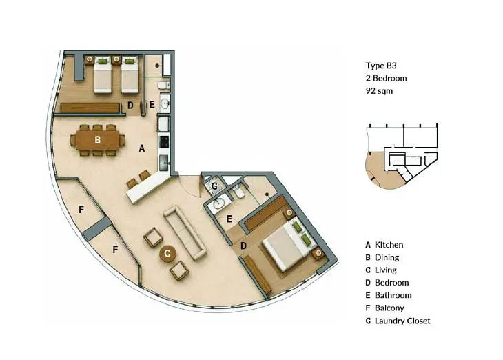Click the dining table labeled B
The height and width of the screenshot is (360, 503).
[98, 140]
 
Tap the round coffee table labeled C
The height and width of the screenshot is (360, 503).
[167, 254]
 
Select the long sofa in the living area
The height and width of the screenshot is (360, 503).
[185, 232]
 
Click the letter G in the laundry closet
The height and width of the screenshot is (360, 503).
[214, 186]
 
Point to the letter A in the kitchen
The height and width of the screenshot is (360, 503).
[142, 148]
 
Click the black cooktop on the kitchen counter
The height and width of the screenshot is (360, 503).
[164, 141]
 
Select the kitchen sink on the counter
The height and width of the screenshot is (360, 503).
[164, 163]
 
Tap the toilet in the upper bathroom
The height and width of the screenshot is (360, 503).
[163, 85]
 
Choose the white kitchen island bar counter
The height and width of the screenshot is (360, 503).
[148, 188]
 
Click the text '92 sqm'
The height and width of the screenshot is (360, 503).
[379, 91]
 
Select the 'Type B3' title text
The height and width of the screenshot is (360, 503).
[381, 66]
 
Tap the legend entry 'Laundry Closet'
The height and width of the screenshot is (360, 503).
[402, 321]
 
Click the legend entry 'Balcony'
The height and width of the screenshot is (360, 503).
[389, 308]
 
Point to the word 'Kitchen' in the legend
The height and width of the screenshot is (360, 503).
[389, 245]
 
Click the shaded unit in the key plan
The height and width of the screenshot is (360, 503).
[383, 170]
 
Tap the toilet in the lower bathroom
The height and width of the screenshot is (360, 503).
[238, 192]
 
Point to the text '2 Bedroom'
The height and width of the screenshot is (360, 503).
[387, 79]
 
